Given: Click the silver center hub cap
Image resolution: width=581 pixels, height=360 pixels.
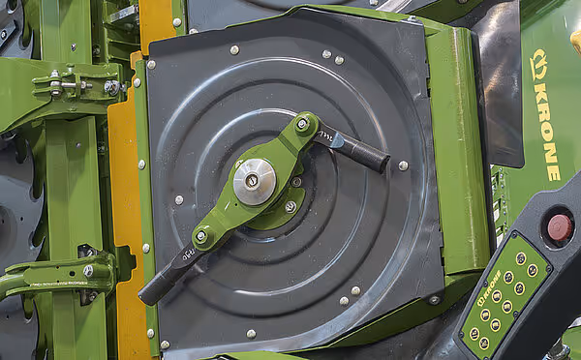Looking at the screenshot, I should click(x=254, y=181).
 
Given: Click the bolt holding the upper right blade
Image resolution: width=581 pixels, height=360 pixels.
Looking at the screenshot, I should click(x=302, y=124).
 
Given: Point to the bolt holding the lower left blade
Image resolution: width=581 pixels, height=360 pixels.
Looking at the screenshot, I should click(x=201, y=236).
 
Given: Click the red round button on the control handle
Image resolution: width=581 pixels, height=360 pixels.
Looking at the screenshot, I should click(x=559, y=226).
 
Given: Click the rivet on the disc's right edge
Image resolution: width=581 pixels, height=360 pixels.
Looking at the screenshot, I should click(x=403, y=165).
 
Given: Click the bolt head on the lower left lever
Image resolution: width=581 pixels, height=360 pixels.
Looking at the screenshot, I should click(x=88, y=272).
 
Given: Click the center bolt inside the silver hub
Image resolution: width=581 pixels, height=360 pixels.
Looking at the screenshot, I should click(x=252, y=181).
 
